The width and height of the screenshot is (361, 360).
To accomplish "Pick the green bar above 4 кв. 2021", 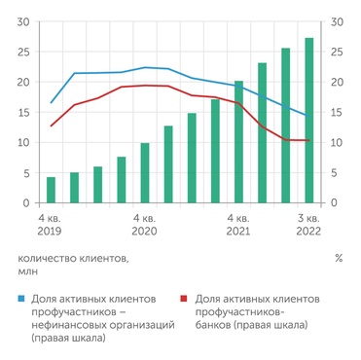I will tap(238, 142).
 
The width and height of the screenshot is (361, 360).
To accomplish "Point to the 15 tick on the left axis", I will tap(20, 112).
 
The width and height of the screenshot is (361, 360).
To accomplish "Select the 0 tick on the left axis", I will tap(24, 203).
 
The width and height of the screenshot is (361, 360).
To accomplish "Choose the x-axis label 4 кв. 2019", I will tap(51, 226).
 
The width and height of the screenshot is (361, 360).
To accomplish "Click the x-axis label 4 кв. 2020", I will tap(145, 226).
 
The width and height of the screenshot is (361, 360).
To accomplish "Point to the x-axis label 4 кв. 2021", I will tap(238, 226).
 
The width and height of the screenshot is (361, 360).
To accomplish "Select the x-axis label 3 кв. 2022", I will tap(308, 226).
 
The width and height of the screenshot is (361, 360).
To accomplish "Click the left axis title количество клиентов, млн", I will tap(73, 266).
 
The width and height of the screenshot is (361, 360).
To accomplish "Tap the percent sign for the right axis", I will tap(338, 259).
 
